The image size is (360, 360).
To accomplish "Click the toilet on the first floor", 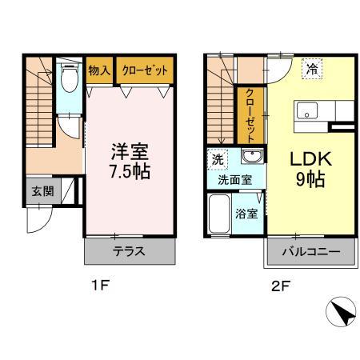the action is tap(70, 77).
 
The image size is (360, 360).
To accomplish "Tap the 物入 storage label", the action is tap(99, 70).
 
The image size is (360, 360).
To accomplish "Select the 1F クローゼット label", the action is tap(145, 70).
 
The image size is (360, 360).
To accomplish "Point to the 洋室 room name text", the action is tap(130, 151).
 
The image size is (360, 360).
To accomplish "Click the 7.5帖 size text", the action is tap(130, 171).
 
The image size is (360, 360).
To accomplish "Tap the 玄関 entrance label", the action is tap(42, 191).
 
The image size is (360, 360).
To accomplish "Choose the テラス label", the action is tap(129, 251).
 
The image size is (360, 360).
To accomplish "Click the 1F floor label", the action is tap(100, 286).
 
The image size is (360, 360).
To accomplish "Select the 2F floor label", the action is tap(280, 286).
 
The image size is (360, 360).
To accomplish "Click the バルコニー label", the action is tap(311, 252).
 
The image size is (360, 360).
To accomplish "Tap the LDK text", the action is tap(310, 158).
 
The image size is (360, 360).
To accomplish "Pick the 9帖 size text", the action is tap(310, 178).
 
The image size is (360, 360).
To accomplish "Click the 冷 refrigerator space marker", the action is tap(312, 69).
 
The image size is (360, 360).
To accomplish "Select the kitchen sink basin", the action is tap(307, 110).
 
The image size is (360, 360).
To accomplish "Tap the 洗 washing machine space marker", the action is tap(218, 159).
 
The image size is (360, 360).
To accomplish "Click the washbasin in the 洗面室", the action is tap(252, 156).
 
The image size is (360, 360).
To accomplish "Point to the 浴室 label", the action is tap(246, 214).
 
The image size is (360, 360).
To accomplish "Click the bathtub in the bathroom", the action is tap(219, 214).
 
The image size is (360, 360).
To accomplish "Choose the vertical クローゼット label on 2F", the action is tap(250, 116).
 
